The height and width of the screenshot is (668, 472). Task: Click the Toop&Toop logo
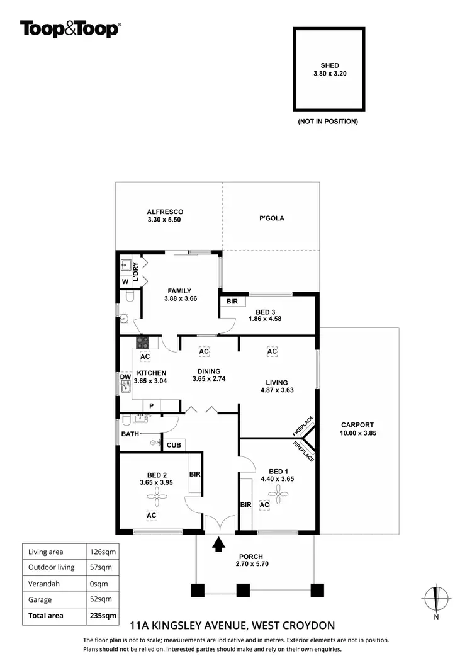point(70,29)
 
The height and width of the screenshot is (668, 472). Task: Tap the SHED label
point(330,65)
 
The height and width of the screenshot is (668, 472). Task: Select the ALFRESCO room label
point(165,212)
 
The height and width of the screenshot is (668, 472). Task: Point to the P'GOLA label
point(271,218)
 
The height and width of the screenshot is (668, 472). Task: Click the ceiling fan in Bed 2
point(155,498)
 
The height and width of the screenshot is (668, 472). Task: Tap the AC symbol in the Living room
point(272,351)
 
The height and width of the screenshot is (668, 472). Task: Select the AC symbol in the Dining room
point(203,351)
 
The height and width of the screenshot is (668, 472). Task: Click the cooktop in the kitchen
point(143,343)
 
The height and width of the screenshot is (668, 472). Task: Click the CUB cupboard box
point(174,445)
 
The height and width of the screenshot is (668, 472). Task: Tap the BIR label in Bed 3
point(232,302)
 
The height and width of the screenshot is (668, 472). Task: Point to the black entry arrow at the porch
point(218,544)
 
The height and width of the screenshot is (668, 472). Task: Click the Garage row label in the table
point(40,600)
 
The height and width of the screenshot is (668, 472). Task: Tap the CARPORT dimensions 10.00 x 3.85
point(357,433)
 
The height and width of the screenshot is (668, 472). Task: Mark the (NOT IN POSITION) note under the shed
point(327,121)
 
